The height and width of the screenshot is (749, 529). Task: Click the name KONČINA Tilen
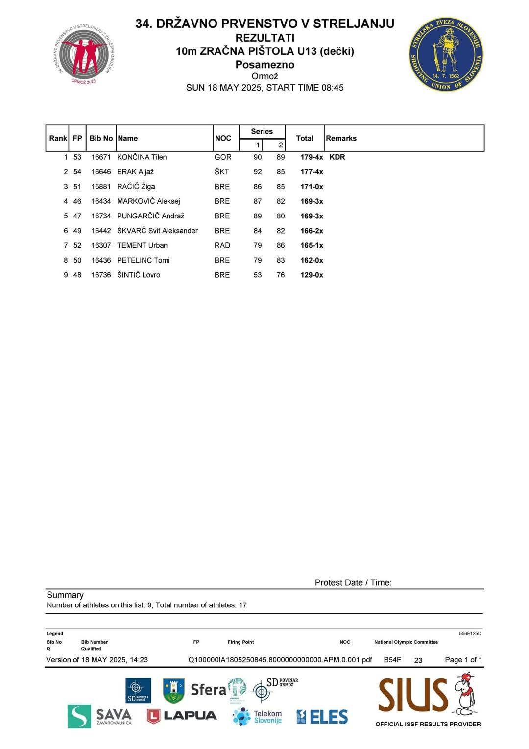pos(142,157)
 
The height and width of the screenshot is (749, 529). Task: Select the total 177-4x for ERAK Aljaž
pos(312,172)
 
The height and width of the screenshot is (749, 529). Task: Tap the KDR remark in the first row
pos(337,157)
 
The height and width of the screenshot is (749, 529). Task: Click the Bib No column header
pos(101,138)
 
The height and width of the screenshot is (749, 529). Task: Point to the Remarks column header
pos(341,138)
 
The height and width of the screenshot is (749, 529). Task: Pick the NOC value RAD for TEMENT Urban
pos(222,245)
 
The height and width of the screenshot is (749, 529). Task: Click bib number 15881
pos(101,187)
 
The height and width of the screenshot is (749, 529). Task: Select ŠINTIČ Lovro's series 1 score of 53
pos(258,275)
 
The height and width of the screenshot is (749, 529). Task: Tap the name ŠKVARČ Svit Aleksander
pos(157,231)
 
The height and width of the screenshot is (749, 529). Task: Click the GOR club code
pos(223,157)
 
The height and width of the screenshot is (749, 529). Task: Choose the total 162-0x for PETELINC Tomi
pos(312,260)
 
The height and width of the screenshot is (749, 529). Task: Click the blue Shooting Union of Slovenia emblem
pos(446,54)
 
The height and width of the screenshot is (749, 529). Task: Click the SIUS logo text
pos(413,695)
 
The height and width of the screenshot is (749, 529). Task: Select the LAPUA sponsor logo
pos(182,716)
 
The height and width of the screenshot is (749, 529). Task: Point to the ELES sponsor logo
pos(322,717)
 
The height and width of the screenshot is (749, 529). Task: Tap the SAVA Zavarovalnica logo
pos(100,716)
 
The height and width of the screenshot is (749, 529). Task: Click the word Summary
pos(65,595)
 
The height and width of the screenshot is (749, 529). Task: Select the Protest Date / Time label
pos(353,582)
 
